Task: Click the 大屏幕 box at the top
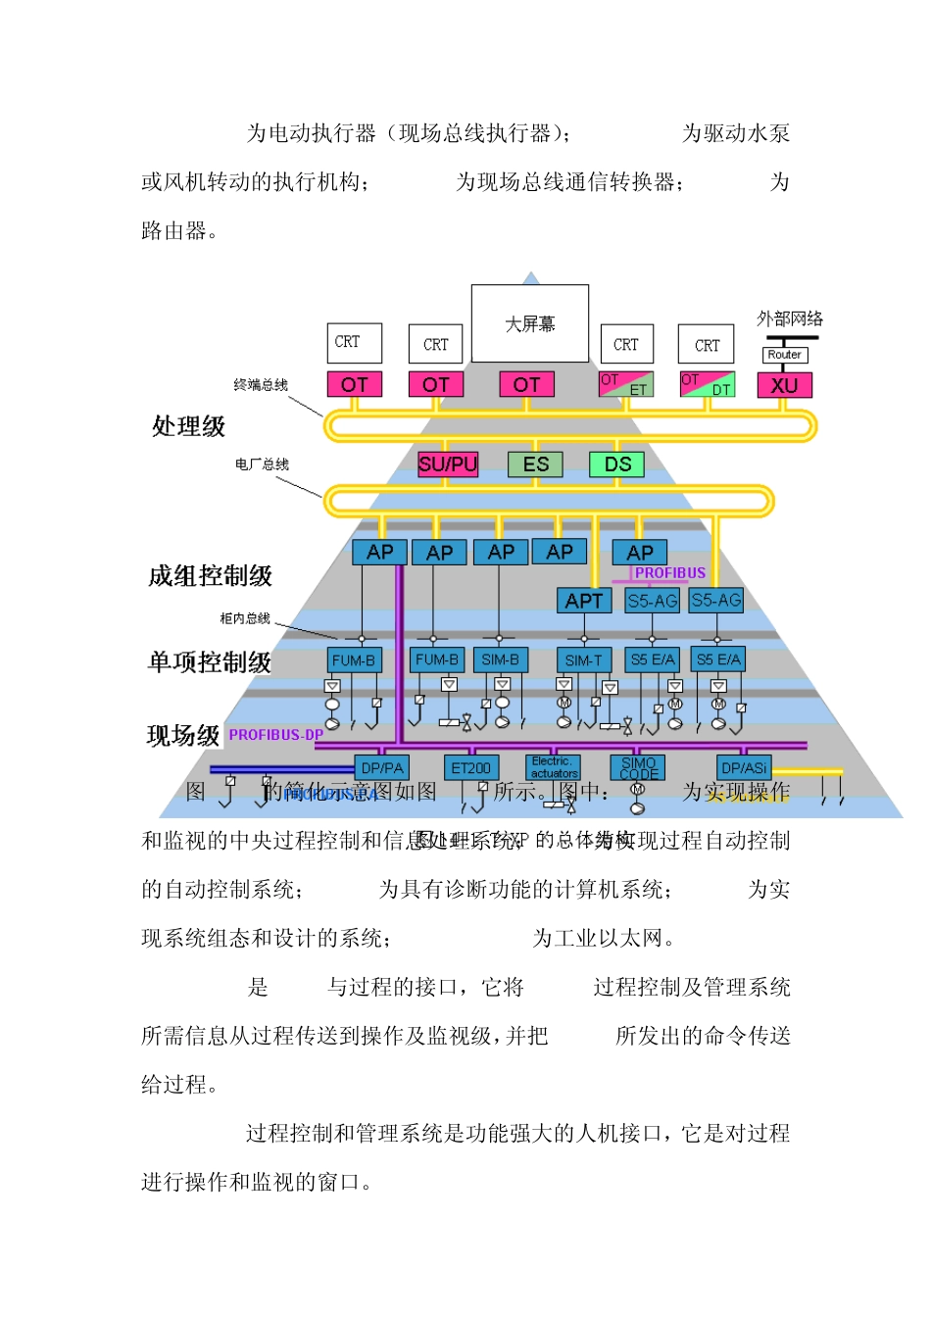click(x=530, y=323)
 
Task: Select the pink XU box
click(x=785, y=385)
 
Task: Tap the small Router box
click(x=784, y=355)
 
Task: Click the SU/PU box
click(x=448, y=464)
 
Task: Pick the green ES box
click(x=535, y=464)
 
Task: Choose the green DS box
click(x=617, y=464)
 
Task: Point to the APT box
click(x=584, y=601)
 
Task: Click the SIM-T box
click(x=584, y=660)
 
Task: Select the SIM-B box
click(x=500, y=660)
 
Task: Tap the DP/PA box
click(x=381, y=768)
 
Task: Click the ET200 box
click(x=471, y=768)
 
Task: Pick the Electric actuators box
click(x=554, y=767)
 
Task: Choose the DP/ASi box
click(x=744, y=768)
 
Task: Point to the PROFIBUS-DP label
click(x=275, y=735)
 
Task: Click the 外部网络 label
click(x=790, y=318)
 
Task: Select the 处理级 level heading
click(x=188, y=426)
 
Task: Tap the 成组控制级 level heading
click(x=210, y=575)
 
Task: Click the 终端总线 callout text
click(x=261, y=385)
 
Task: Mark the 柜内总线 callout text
click(x=245, y=618)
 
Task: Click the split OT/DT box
click(x=707, y=384)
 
